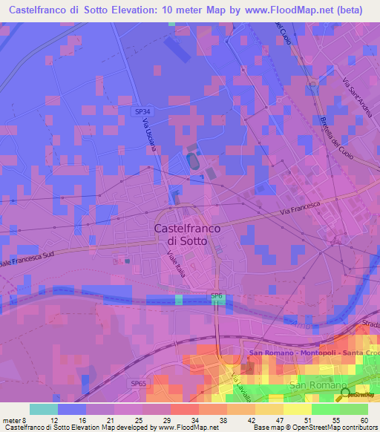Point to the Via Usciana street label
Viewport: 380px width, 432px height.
click(151, 137)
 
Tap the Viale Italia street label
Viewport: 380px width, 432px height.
click(177, 264)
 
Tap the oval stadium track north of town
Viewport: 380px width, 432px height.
click(194, 160)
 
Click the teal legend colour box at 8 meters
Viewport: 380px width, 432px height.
click(43, 409)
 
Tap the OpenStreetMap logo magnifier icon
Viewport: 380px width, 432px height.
click(344, 394)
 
